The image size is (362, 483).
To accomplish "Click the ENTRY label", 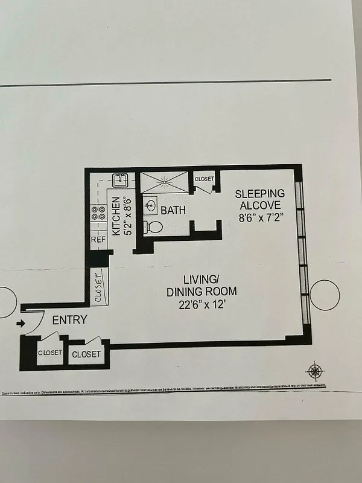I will click(69, 320).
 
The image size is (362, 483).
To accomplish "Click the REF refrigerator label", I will click(98, 240).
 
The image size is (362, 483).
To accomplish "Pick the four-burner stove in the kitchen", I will click(97, 213).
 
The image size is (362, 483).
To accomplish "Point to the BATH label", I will click(173, 211).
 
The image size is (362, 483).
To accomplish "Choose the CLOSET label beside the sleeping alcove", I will click(205, 179).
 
